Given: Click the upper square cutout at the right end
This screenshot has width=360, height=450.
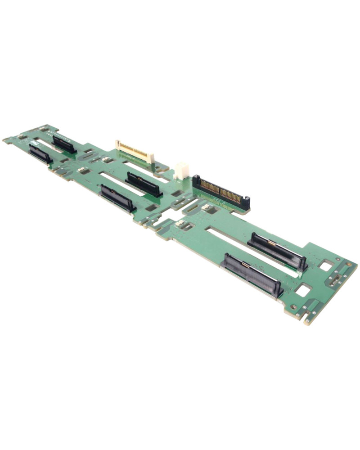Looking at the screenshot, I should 325,265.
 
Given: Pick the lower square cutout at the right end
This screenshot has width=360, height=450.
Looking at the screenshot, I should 303,290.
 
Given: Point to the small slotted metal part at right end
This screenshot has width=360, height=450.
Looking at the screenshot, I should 335,282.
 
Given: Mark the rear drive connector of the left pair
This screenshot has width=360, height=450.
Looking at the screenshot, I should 64,144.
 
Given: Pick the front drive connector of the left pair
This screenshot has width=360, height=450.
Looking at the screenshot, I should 40,154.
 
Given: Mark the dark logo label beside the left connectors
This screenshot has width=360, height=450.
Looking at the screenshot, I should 33,142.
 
